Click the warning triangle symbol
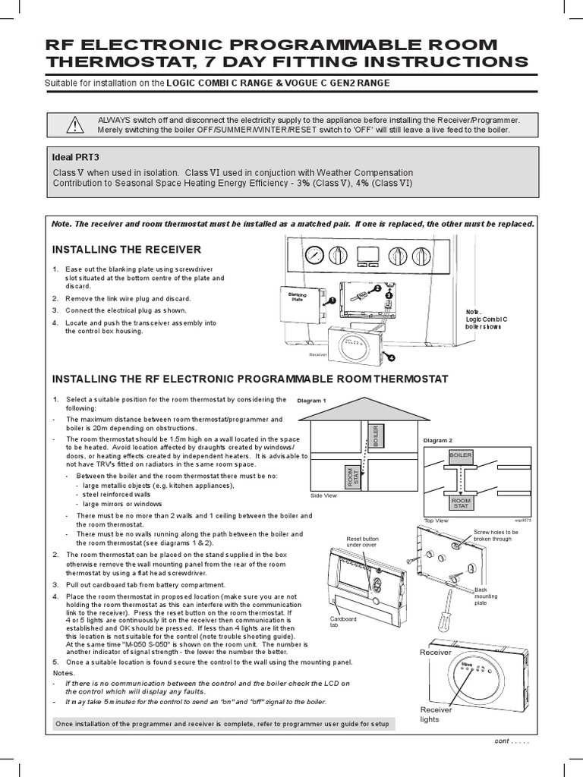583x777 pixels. (73, 125)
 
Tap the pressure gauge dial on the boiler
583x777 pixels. (312, 255)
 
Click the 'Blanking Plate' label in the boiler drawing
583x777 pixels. (297, 296)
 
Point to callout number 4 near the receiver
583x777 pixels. (392, 356)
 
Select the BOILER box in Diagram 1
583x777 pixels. (373, 437)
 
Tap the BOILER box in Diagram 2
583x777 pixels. (461, 455)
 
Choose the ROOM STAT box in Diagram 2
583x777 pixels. (462, 503)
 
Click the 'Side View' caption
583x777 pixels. (323, 495)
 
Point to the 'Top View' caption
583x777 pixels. (437, 521)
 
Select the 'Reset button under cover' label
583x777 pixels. (362, 542)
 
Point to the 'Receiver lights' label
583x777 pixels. (436, 714)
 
